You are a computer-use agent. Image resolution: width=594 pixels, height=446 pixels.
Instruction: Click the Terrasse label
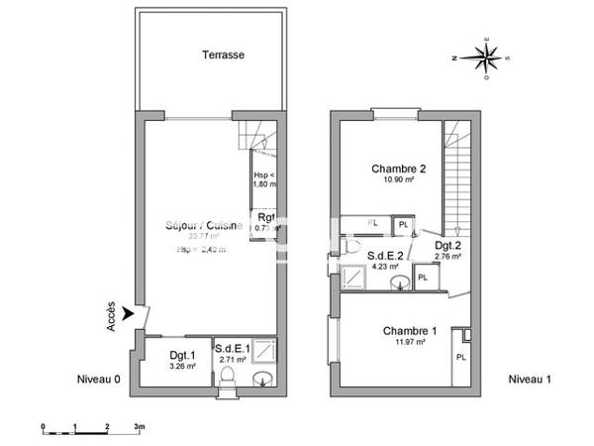click(x=223, y=55)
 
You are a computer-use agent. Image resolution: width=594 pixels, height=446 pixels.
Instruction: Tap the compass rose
click(x=487, y=57)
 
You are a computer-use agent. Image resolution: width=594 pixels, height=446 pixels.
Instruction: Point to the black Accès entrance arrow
click(x=128, y=311)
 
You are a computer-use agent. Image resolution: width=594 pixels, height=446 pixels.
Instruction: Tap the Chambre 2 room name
click(x=397, y=167)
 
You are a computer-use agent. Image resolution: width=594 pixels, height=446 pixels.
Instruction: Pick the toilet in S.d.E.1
click(x=230, y=378)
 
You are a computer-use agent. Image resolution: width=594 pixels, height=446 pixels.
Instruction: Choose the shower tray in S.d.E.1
click(x=264, y=352)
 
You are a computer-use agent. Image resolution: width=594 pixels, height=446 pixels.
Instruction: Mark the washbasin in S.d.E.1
click(x=263, y=379)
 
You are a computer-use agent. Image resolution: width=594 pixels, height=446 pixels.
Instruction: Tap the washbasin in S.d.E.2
click(x=399, y=283)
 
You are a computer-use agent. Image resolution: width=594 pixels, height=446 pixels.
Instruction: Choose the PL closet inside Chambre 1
click(x=460, y=355)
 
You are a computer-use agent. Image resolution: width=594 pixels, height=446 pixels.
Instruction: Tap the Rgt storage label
click(x=266, y=217)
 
